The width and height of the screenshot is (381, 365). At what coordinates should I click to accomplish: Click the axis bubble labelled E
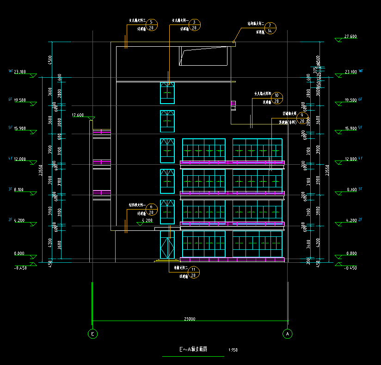pyautogui.click(x=92, y=333)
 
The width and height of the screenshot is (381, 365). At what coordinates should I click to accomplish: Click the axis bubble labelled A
pyautogui.click(x=288, y=333)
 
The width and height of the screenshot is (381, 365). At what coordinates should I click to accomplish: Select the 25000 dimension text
pyautogui.click(x=190, y=319)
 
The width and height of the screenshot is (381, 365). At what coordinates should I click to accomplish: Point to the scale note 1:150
pyautogui.click(x=233, y=350)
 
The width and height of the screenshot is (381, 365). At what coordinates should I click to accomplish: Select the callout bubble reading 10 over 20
pyautogui.click(x=277, y=98)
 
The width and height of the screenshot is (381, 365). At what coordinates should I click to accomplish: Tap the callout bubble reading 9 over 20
pyautogui.click(x=302, y=118)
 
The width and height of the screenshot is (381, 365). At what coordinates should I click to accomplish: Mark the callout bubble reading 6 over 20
pyautogui.click(x=151, y=210)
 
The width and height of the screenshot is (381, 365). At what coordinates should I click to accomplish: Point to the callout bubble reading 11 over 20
pyautogui.click(x=194, y=272)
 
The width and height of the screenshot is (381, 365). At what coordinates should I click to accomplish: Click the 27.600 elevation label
pyautogui.click(x=351, y=36)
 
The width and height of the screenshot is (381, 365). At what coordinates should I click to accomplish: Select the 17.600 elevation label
pyautogui.click(x=78, y=115)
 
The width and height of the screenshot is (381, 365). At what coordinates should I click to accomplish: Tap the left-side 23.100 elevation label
pyautogui.click(x=20, y=72)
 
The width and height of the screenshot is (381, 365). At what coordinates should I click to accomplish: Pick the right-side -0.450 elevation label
pyautogui.click(x=351, y=268)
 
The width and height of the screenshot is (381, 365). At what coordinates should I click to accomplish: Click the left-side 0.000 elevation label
pyautogui.click(x=20, y=253)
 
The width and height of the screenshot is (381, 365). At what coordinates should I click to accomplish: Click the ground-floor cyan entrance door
pyautogui.click(x=167, y=245)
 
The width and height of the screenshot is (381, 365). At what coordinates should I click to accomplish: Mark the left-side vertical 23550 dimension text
pyautogui.click(x=42, y=170)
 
